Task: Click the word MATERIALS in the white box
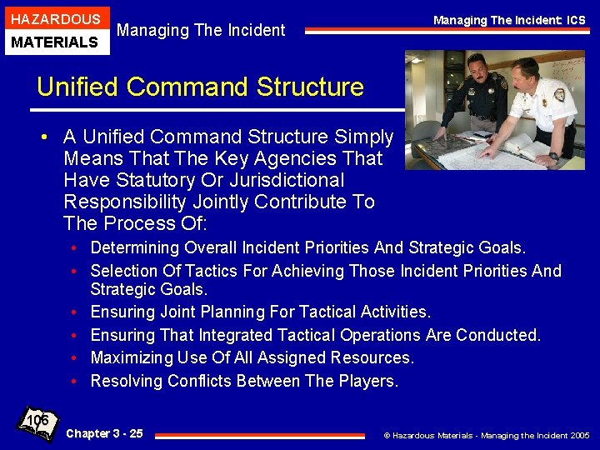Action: tap(55, 42)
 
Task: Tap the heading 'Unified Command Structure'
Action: tap(201, 87)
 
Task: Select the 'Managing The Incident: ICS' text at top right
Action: tap(509, 20)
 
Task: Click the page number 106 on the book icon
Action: tap(37, 420)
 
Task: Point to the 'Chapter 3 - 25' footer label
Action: tap(104, 433)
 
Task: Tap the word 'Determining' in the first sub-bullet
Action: tap(134, 247)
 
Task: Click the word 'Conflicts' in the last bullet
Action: tap(199, 381)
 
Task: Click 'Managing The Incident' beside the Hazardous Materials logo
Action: tap(201, 31)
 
